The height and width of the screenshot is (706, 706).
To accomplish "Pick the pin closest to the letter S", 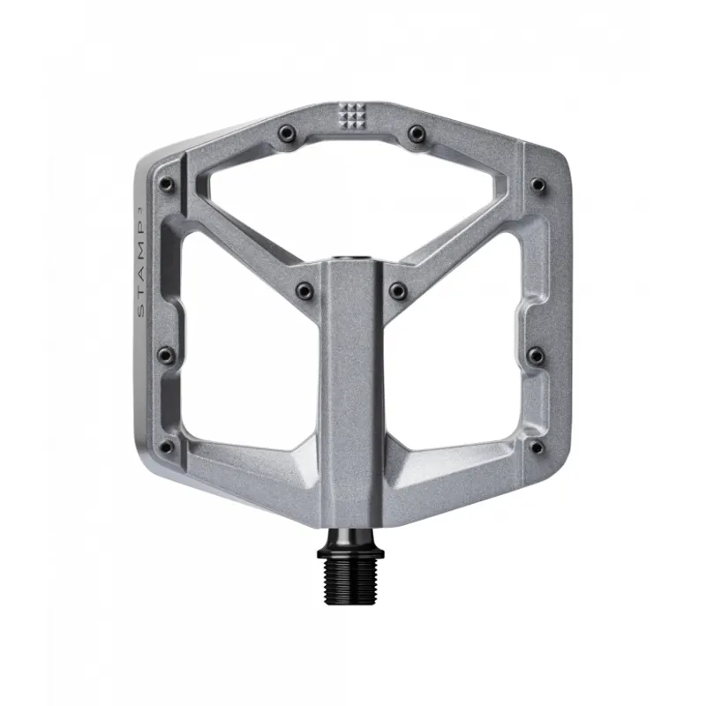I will tap(165, 355).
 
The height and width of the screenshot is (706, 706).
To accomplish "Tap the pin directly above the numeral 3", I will tap(165, 184).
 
